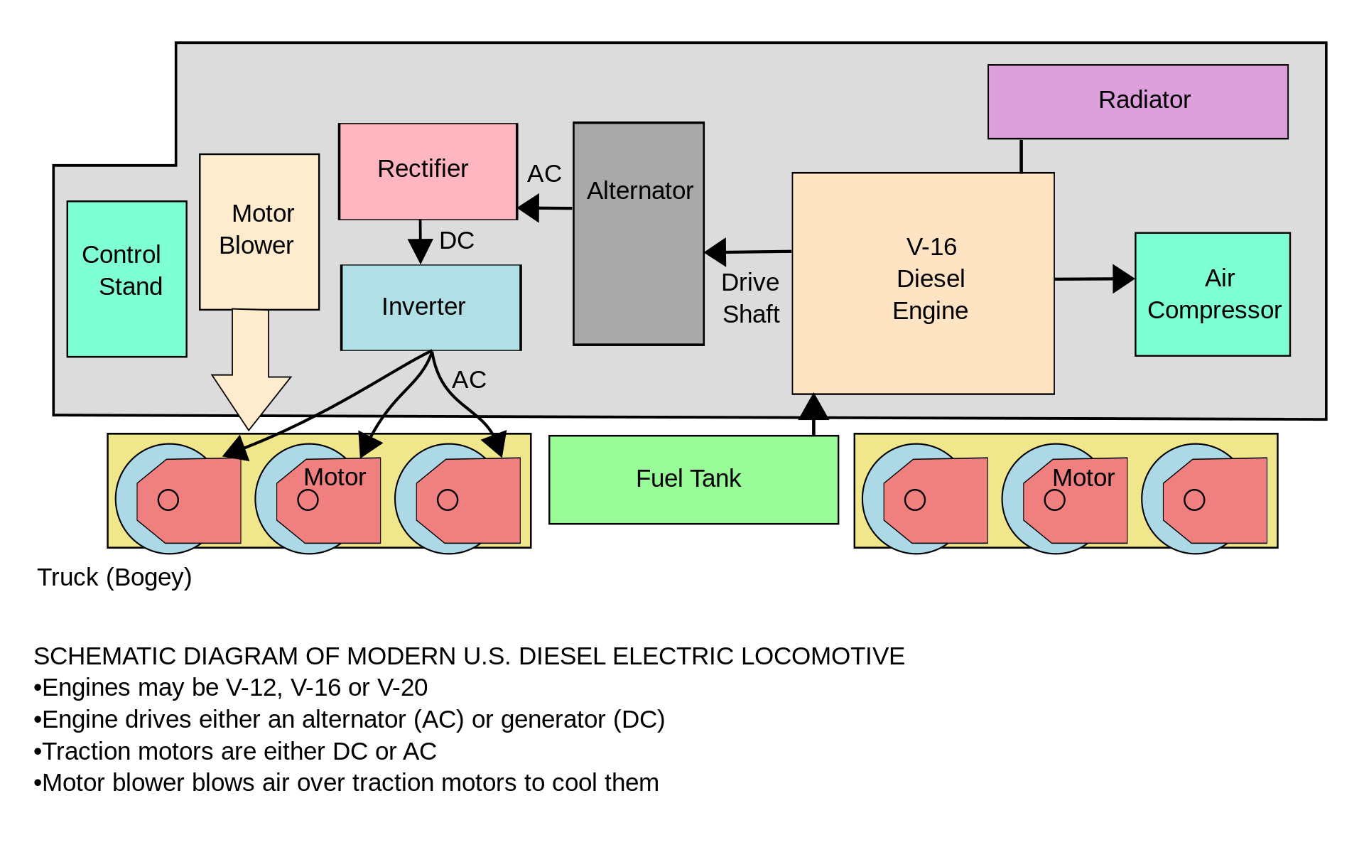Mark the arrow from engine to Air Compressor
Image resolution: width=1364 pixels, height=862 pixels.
1094,279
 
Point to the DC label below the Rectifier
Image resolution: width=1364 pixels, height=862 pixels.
457,241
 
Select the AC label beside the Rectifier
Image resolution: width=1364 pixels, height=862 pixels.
544,174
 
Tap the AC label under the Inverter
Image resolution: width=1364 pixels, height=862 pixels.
469,380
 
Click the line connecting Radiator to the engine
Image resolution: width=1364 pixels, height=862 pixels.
1021,156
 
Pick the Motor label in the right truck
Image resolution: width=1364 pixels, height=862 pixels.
1083,478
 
